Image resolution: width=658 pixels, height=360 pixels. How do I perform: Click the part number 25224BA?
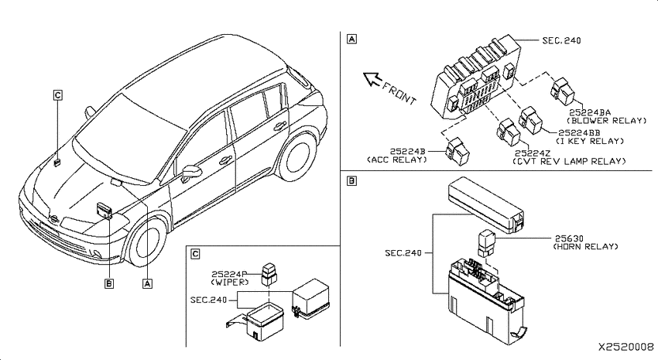[x=590, y=112]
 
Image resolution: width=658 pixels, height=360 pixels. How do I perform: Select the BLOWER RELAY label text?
[x=607, y=121]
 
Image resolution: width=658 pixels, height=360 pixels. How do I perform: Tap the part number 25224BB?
[x=579, y=133]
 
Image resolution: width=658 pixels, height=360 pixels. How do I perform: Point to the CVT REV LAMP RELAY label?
[x=570, y=162]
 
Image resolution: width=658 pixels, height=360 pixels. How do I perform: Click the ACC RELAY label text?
[x=397, y=159]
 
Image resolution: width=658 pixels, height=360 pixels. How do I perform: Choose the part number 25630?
[x=569, y=238]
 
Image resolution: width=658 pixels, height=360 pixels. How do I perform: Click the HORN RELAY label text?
[x=585, y=247]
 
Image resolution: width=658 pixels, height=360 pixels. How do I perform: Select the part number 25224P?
[x=229, y=274]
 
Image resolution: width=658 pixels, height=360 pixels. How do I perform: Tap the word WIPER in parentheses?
[x=230, y=283]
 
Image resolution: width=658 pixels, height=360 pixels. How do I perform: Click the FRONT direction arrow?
[x=372, y=79]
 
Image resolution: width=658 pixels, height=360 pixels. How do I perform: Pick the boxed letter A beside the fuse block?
[x=351, y=39]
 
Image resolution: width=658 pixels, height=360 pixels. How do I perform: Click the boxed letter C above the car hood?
[x=58, y=95]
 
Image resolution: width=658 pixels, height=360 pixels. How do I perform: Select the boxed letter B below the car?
[x=108, y=283]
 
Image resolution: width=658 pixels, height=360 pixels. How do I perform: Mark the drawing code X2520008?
[x=625, y=347]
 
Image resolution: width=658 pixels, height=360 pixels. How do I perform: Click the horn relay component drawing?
[x=486, y=243]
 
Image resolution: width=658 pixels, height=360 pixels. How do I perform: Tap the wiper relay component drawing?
[x=269, y=274]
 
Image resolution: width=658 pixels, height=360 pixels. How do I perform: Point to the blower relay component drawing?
[x=563, y=91]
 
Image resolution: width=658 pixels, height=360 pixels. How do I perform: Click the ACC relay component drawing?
[x=457, y=152]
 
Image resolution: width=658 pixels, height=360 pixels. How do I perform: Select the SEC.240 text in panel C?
[x=208, y=300]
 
